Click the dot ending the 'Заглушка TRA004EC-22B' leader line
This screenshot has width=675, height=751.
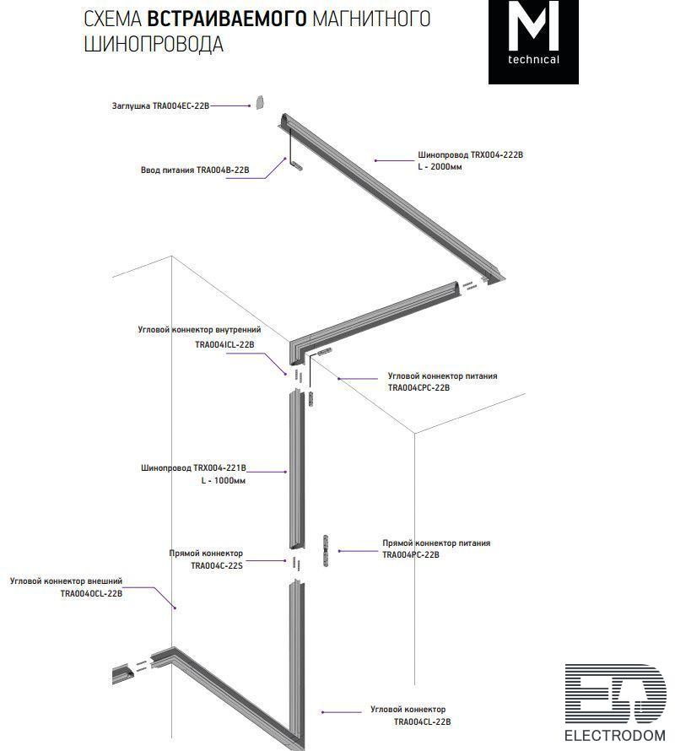(x=249, y=105)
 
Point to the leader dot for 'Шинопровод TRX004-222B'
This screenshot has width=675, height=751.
(x=375, y=160)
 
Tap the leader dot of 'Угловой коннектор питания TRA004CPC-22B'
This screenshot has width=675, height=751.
(x=338, y=378)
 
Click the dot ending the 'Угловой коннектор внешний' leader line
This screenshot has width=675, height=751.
(x=175, y=608)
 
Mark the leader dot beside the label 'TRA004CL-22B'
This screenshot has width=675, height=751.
(x=322, y=712)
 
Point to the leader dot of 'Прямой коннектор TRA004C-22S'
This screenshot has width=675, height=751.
(x=285, y=560)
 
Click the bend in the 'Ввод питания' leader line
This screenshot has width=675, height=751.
(x=265, y=179)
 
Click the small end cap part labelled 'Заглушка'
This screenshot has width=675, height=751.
(x=259, y=102)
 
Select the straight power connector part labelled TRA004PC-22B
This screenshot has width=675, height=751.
(x=327, y=550)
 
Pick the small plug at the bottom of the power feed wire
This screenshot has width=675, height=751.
(x=297, y=165)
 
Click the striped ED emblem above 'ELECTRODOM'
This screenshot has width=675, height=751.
(x=615, y=694)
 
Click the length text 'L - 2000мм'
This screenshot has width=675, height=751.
(x=440, y=167)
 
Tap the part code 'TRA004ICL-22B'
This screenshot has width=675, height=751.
(x=224, y=344)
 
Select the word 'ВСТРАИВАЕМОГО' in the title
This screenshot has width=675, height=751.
(x=227, y=19)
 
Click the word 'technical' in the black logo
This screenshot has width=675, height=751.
(x=533, y=60)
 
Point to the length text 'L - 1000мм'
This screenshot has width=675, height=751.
(x=224, y=480)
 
